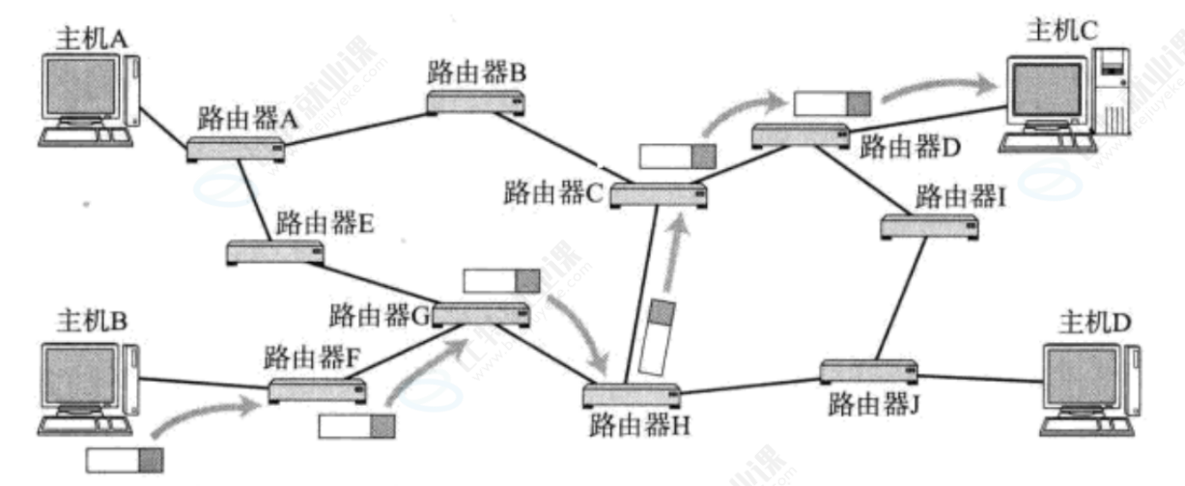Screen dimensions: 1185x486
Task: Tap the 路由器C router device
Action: [657, 194]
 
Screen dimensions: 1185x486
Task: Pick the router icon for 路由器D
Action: [800, 135]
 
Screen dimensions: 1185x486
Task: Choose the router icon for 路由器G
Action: [481, 313]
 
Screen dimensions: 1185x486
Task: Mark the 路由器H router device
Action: [632, 394]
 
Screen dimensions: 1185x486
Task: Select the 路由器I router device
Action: [929, 227]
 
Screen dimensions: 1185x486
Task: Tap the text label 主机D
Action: [1092, 319]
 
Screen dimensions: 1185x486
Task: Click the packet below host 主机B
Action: [124, 460]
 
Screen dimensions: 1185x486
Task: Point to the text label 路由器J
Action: [870, 404]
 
